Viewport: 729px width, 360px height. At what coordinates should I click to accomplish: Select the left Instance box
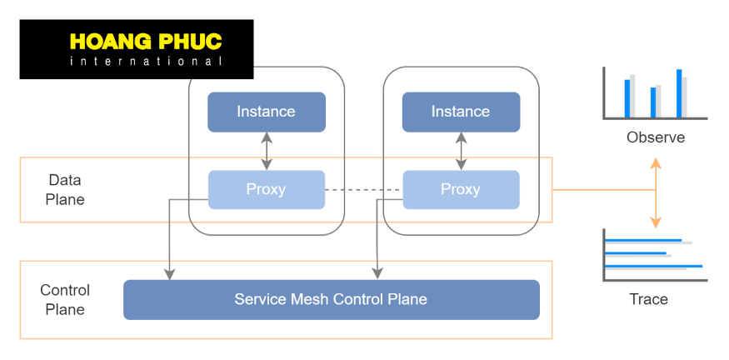click(x=266, y=112)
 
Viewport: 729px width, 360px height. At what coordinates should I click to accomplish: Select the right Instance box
click(x=461, y=112)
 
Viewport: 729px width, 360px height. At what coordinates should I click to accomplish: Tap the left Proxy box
click(x=266, y=189)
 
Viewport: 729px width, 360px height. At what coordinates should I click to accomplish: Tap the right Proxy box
click(x=461, y=189)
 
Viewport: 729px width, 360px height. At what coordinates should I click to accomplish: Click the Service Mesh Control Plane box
click(x=331, y=299)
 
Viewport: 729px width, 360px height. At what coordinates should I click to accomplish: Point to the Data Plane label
click(x=65, y=189)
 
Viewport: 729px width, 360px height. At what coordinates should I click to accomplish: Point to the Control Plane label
click(x=65, y=299)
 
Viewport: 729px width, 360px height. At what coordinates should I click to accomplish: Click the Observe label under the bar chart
click(x=656, y=137)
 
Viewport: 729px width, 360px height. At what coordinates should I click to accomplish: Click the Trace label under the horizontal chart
click(x=649, y=299)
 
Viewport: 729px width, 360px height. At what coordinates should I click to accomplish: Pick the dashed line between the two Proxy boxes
click(x=363, y=190)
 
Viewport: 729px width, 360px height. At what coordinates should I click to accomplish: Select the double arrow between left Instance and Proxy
click(x=267, y=151)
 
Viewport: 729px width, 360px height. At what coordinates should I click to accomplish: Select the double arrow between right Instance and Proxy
click(x=461, y=151)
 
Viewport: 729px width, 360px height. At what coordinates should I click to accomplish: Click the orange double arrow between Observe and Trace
click(x=656, y=193)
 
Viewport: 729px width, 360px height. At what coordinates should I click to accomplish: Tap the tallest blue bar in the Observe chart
click(x=679, y=93)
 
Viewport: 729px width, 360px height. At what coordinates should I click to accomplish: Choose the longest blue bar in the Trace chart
click(x=653, y=266)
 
